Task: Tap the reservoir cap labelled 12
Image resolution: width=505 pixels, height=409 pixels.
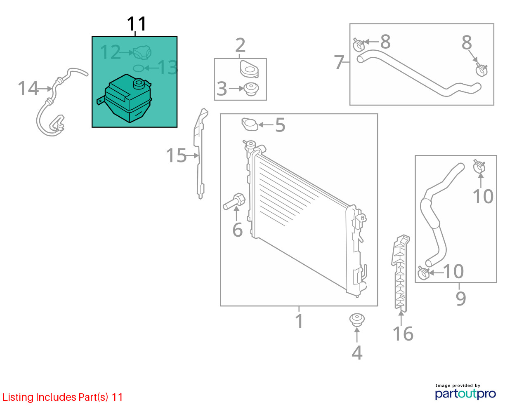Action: [x=142, y=52]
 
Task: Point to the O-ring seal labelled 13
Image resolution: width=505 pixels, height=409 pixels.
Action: [x=139, y=68]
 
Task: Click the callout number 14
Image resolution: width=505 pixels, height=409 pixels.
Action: [x=28, y=88]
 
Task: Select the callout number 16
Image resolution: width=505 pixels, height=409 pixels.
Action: [x=403, y=334]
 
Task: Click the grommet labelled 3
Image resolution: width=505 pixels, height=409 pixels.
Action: [x=250, y=89]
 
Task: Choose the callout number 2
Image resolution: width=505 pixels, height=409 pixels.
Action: [x=240, y=45]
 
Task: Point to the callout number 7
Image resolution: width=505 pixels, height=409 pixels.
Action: [x=339, y=62]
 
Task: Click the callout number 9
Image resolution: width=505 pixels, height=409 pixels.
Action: [x=460, y=298]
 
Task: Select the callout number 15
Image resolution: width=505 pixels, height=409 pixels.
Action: [x=176, y=155]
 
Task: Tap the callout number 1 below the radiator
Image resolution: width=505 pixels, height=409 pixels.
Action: [x=300, y=321]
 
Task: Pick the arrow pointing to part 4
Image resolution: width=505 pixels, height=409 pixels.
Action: [x=357, y=335]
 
